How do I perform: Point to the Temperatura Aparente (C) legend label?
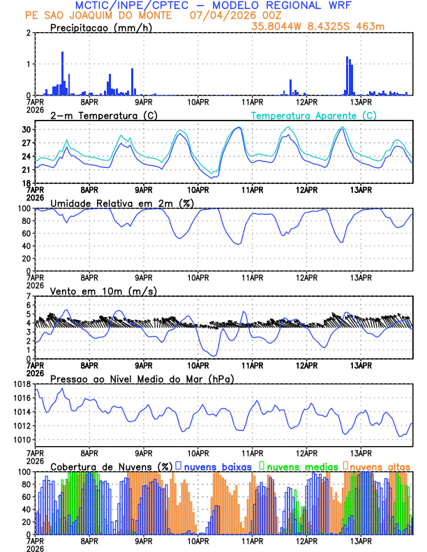click(314, 115)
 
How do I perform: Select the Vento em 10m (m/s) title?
click(104, 290)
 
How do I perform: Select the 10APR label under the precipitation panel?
click(199, 102)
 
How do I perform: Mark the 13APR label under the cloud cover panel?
click(361, 541)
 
